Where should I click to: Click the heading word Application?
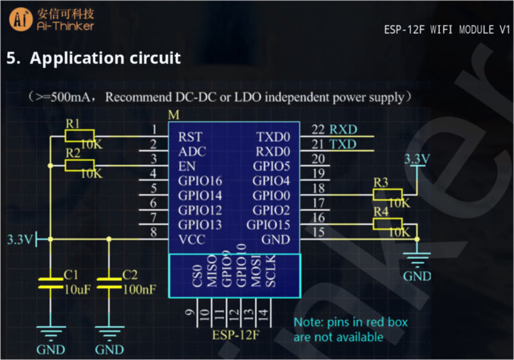(72, 58)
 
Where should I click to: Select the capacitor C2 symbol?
(109, 283)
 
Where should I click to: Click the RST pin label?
(190, 137)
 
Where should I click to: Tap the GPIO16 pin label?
(200, 181)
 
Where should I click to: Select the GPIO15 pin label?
(268, 225)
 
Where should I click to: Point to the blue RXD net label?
(343, 129)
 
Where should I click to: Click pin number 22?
(318, 129)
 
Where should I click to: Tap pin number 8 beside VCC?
(154, 232)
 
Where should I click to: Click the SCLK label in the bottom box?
(270, 277)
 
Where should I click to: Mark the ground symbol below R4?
(417, 259)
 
